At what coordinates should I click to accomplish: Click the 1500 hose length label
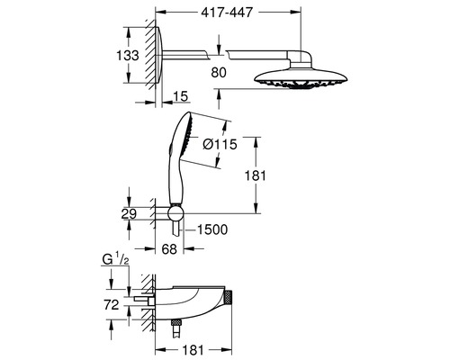211,229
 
